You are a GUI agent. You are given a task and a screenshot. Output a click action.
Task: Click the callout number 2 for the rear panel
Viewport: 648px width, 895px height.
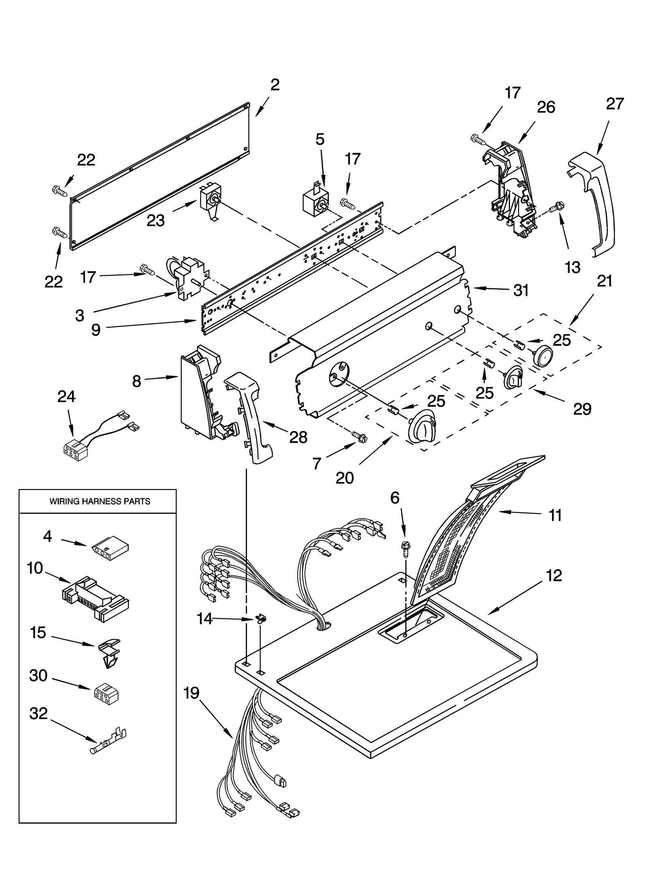[x=275, y=85]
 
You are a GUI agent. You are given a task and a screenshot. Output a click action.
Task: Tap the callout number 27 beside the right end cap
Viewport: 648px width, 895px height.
[x=614, y=104]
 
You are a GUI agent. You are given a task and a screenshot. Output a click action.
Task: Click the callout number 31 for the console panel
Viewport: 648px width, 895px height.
[x=521, y=290]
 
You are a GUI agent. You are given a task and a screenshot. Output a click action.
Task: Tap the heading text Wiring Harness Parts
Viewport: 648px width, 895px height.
[x=100, y=502]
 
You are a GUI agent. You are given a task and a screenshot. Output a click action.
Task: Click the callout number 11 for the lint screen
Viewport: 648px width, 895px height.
[x=555, y=516]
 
